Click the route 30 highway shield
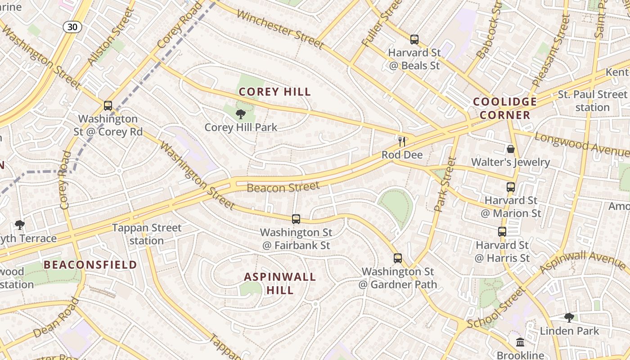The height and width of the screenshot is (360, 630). [72, 27]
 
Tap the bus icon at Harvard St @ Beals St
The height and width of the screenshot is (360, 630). [414, 40]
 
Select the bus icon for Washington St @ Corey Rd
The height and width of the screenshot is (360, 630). [108, 106]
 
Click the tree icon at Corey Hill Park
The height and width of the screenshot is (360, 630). [241, 114]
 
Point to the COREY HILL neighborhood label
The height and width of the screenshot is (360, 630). [275, 92]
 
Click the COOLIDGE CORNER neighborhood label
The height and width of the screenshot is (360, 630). [505, 108]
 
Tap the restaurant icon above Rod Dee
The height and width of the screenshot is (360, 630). [402, 141]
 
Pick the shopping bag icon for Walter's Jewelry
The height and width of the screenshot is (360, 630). [510, 148]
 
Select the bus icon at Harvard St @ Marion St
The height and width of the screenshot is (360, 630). [510, 187]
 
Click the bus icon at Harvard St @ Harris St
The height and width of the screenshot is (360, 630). [502, 232]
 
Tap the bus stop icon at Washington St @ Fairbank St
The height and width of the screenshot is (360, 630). [296, 219]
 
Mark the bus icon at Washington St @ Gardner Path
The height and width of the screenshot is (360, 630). [398, 258]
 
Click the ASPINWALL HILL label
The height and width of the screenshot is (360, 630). [280, 283]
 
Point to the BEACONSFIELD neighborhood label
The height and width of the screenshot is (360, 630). [90, 265]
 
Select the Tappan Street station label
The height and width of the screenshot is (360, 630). [147, 234]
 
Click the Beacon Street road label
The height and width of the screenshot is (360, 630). [283, 186]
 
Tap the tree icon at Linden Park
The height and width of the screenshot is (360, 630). [569, 318]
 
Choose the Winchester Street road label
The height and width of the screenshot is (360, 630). [279, 29]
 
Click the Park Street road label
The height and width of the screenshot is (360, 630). [445, 184]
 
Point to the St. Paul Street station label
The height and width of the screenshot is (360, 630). [592, 101]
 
